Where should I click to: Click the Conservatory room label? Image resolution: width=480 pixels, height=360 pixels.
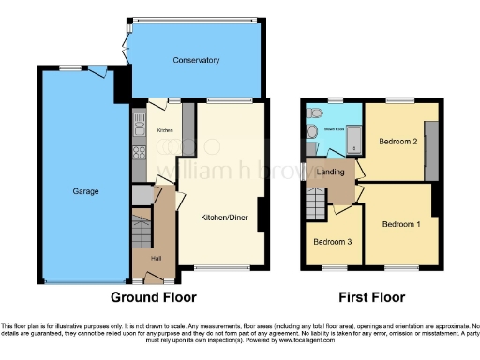click(196, 60)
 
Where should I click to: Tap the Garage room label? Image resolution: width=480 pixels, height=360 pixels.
click(86, 191)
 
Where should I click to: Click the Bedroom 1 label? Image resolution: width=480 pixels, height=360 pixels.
click(399, 224)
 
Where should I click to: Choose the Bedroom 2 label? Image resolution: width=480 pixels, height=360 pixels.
click(397, 142)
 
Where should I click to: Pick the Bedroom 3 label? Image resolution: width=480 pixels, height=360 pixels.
click(333, 242)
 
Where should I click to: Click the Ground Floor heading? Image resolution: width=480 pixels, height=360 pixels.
click(154, 298)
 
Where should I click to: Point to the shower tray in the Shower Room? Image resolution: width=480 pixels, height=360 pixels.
click(354, 142)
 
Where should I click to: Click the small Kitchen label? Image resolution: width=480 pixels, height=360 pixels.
click(165, 130)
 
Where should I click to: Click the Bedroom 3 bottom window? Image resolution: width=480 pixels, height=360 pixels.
click(333, 268)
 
